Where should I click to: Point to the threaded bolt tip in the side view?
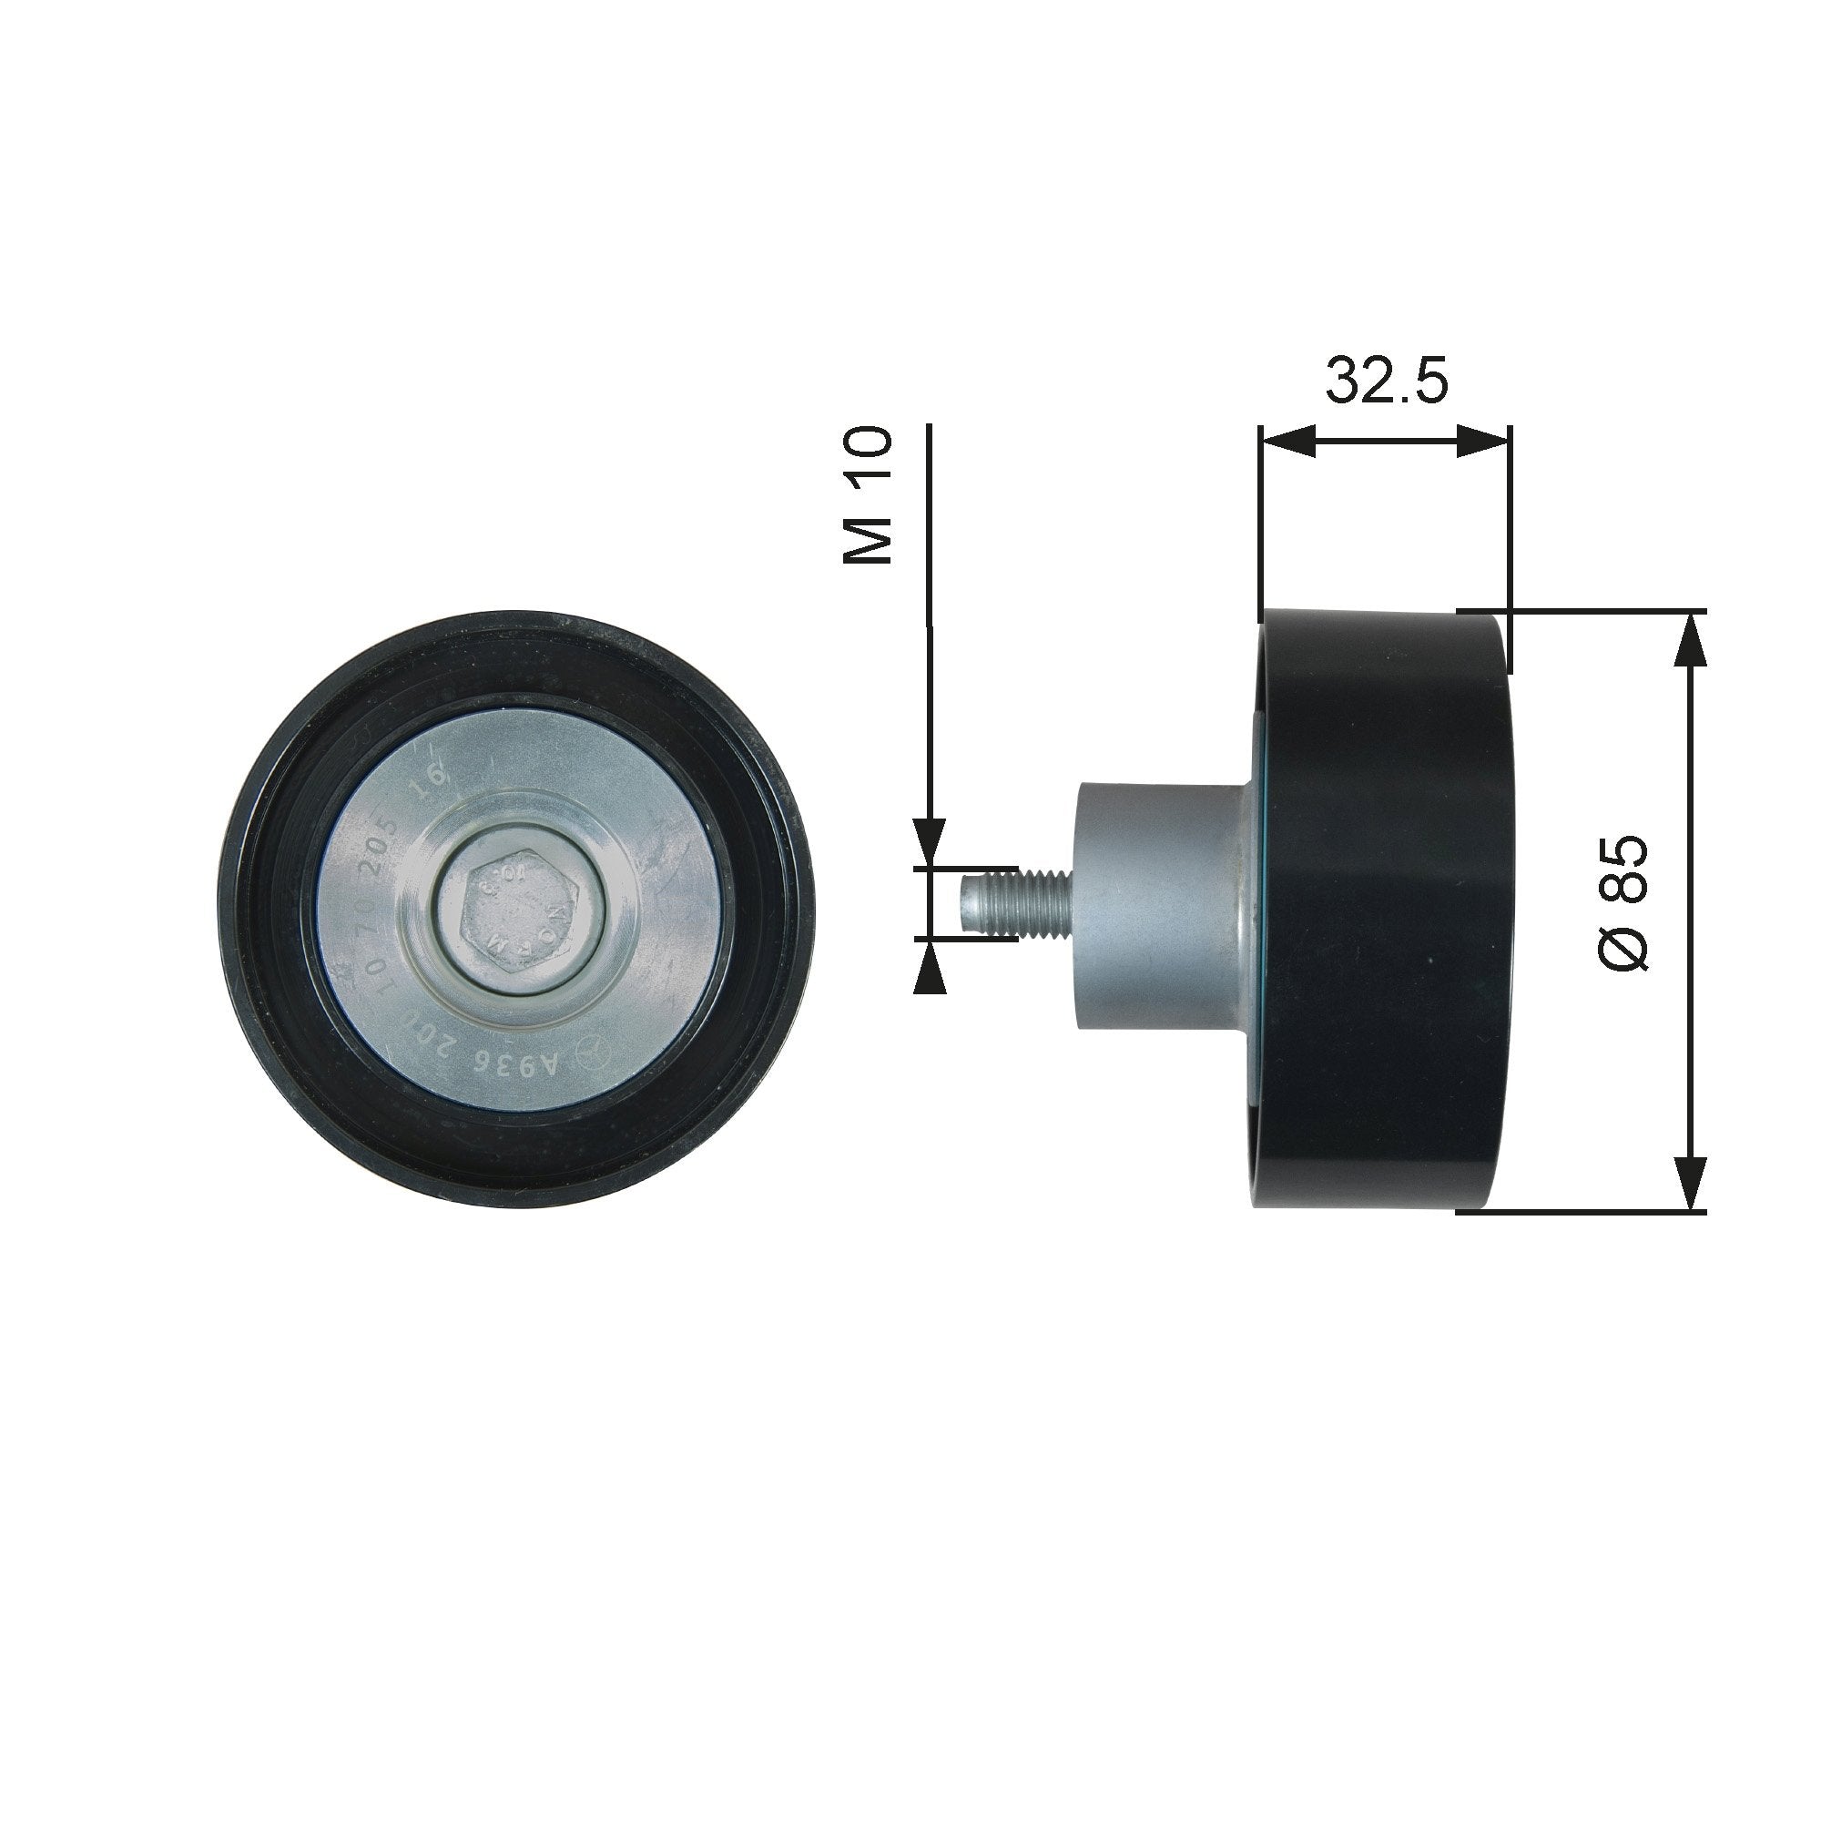[1013, 904]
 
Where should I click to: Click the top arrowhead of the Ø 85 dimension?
[1692, 641]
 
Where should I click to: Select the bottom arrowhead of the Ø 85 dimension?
[1692, 1183]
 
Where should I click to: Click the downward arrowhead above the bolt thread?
[930, 841]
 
